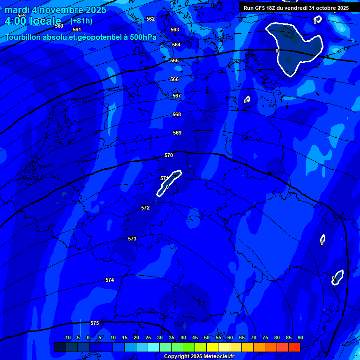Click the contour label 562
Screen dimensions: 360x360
pyautogui.click(x=150, y=19)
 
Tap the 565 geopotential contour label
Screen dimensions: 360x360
pyautogui.click(x=174, y=60)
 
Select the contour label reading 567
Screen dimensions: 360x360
pyautogui.click(x=177, y=96)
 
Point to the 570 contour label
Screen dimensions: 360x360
pyautogui.click(x=169, y=155)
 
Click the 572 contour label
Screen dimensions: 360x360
pyautogui.click(x=145, y=208)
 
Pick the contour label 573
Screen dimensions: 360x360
pyautogui.click(x=132, y=239)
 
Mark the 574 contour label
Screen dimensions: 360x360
pyautogui.click(x=110, y=280)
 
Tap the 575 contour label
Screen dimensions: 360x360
pyautogui.click(x=95, y=323)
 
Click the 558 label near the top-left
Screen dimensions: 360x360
pyautogui.click(x=22, y=15)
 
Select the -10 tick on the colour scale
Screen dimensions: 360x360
pyautogui.click(x=67, y=337)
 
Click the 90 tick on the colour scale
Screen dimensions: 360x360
pyautogui.click(x=300, y=337)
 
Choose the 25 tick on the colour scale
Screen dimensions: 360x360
pyautogui.click(x=148, y=337)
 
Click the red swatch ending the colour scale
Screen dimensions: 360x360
pyautogui.click(x=294, y=347)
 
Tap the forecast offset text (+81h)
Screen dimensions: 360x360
pyautogui.click(x=81, y=21)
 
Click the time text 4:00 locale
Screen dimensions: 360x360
pyautogui.click(x=33, y=21)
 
